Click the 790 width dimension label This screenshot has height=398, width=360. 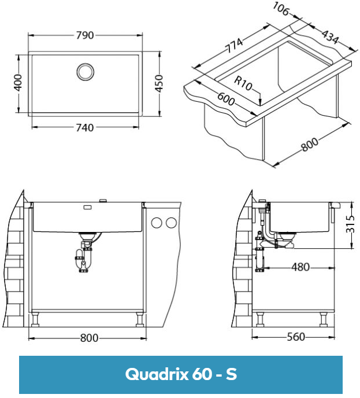point(85,35)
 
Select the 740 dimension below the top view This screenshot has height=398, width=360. point(84,128)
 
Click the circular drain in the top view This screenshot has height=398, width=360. point(85,71)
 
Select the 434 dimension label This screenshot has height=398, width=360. point(329,37)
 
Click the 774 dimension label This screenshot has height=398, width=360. point(235,45)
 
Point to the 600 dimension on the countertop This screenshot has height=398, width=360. point(226,99)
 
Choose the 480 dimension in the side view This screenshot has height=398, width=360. point(300,267)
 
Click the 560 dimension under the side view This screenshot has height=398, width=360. point(296,337)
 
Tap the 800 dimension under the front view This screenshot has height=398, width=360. point(88,338)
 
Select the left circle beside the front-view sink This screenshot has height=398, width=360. point(157,223)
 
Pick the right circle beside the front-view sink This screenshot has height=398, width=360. point(171,223)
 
